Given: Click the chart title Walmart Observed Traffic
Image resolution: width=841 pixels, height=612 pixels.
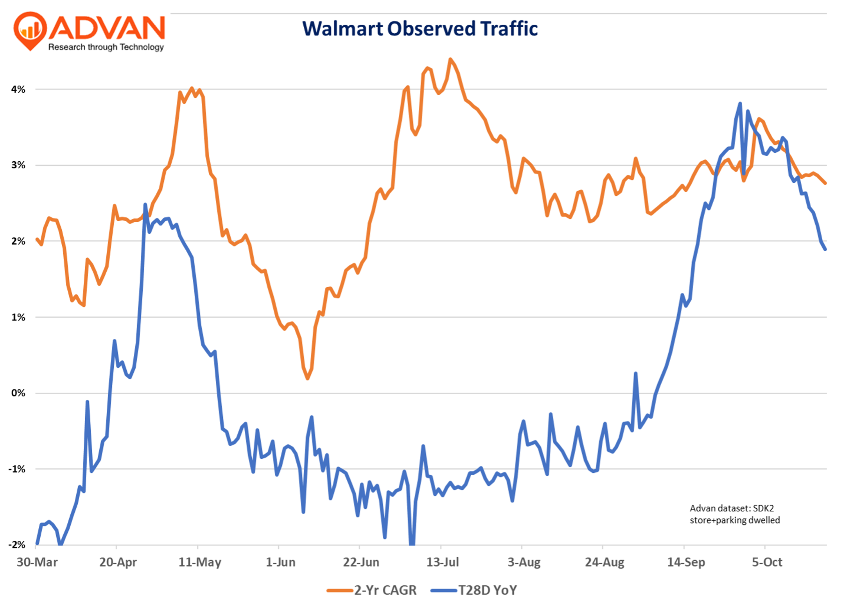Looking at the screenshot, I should (x=420, y=29).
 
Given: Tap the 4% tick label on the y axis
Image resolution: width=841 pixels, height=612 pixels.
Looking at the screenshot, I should (x=18, y=89).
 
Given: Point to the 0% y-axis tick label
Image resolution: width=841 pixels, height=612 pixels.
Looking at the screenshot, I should (x=18, y=393).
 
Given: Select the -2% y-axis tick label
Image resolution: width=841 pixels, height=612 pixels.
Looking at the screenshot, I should (x=17, y=545).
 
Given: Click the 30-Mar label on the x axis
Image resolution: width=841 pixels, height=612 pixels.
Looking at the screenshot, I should (x=37, y=562).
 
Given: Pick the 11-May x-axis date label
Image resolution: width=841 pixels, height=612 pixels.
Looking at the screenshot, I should (x=200, y=562).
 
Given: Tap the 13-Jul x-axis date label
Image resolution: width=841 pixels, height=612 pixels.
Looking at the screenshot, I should (x=442, y=562).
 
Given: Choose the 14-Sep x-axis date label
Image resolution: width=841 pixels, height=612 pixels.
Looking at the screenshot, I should (x=686, y=562).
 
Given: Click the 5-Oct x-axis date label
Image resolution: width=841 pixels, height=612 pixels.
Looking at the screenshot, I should (x=767, y=562).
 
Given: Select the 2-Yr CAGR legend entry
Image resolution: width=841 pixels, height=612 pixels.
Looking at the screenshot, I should (x=372, y=590).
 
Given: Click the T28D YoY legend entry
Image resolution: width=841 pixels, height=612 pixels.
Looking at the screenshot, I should (x=474, y=590).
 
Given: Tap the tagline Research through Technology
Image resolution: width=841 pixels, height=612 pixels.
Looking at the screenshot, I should (x=106, y=47).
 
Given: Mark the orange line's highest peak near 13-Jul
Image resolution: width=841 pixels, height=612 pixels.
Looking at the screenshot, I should (x=450, y=59).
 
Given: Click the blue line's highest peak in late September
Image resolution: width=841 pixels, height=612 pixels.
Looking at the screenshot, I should (x=740, y=103).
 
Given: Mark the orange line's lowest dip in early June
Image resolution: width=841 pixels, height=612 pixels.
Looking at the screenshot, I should (x=307, y=378).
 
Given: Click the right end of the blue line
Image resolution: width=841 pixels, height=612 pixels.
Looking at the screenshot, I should (x=825, y=249).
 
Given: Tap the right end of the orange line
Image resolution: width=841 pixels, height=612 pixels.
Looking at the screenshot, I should (x=825, y=183).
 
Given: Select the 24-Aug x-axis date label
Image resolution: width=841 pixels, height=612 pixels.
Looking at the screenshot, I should (x=604, y=562).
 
